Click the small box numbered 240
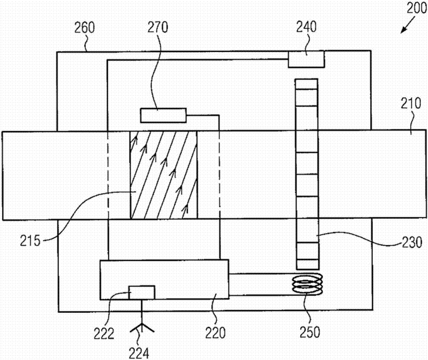coord(306,59)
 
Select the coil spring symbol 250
coord(307,285)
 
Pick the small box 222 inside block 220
coord(142,292)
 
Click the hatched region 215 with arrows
coord(163,175)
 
